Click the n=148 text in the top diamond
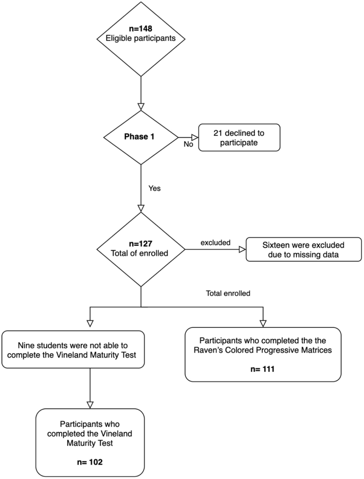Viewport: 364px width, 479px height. coord(141,29)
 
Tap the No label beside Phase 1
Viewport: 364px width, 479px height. coord(188,145)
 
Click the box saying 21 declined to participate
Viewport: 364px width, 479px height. coord(239,138)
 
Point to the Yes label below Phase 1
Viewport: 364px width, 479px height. coord(154,189)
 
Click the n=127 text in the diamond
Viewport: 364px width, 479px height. coord(141,243)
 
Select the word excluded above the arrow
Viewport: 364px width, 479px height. coord(215,242)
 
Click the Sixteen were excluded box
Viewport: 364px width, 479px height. coord(303,249)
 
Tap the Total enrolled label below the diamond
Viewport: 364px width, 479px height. coord(228,293)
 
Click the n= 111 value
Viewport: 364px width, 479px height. coord(263,369)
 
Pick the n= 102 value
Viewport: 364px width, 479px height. coord(90,462)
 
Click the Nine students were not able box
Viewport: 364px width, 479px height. coord(73,350)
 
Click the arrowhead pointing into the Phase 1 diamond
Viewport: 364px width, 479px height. coord(141,107)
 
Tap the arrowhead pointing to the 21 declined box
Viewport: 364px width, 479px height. coord(195,137)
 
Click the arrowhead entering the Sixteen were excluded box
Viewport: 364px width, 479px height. coord(242,249)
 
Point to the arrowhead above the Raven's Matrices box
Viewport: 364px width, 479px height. coord(263,323)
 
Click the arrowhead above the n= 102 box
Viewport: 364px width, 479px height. coord(90,405)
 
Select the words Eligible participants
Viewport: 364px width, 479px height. coord(141,38)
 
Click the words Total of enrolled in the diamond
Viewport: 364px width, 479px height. coord(139,253)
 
